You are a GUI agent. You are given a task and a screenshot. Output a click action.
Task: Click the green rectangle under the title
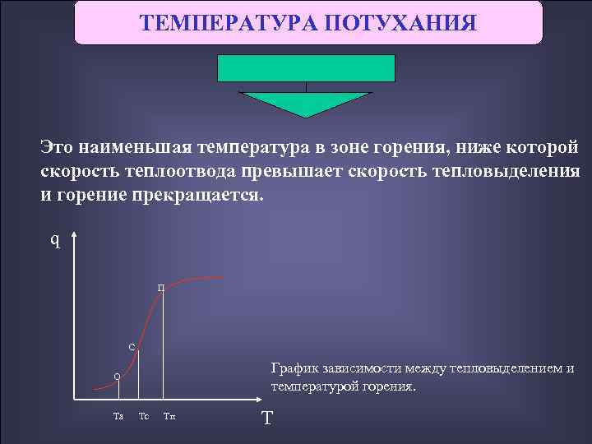point(306,68)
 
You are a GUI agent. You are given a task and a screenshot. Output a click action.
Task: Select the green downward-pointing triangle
point(306,103)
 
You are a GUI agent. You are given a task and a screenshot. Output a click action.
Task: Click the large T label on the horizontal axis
point(266,419)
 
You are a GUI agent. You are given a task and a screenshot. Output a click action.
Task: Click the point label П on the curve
point(161,288)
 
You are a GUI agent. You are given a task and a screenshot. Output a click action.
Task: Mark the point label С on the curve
point(132,346)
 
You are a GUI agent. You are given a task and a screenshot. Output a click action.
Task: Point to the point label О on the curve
point(117,377)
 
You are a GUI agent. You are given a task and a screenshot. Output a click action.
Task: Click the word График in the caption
point(294,368)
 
